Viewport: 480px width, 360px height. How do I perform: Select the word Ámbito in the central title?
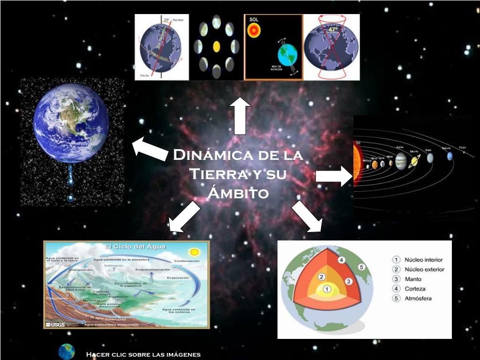pyautogui.click(x=238, y=193)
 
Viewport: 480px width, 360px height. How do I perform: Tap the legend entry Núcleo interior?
pyautogui.click(x=423, y=260)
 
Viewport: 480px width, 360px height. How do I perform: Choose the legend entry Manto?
pyautogui.click(x=413, y=279)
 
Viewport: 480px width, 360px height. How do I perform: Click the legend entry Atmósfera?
pyautogui.click(x=418, y=298)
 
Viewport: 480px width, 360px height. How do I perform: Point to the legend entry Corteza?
pyautogui.click(x=415, y=289)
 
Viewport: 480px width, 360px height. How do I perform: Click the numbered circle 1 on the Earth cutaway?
pyautogui.click(x=327, y=289)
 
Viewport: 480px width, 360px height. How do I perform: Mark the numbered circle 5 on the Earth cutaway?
pyautogui.click(x=361, y=267)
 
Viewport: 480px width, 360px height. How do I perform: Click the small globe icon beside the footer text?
pyautogui.click(x=67, y=352)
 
